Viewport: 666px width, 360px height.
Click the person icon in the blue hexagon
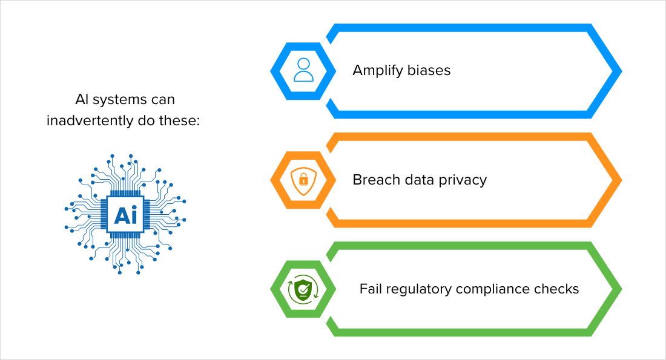point(303,70)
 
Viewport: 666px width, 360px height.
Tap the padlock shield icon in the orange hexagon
point(303,180)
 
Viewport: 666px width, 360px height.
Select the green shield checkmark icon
point(303,290)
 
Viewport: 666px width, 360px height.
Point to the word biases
point(429,70)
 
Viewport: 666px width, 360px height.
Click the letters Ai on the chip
point(125,215)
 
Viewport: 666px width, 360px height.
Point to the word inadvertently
point(90,120)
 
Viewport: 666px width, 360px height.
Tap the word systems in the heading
point(119,100)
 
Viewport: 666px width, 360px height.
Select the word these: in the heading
point(179,120)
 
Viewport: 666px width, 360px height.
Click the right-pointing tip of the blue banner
point(621,71)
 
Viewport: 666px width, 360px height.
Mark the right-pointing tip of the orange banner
point(621,180)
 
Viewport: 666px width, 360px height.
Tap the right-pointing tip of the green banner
point(621,289)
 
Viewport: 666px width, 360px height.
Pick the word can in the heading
point(162,100)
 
